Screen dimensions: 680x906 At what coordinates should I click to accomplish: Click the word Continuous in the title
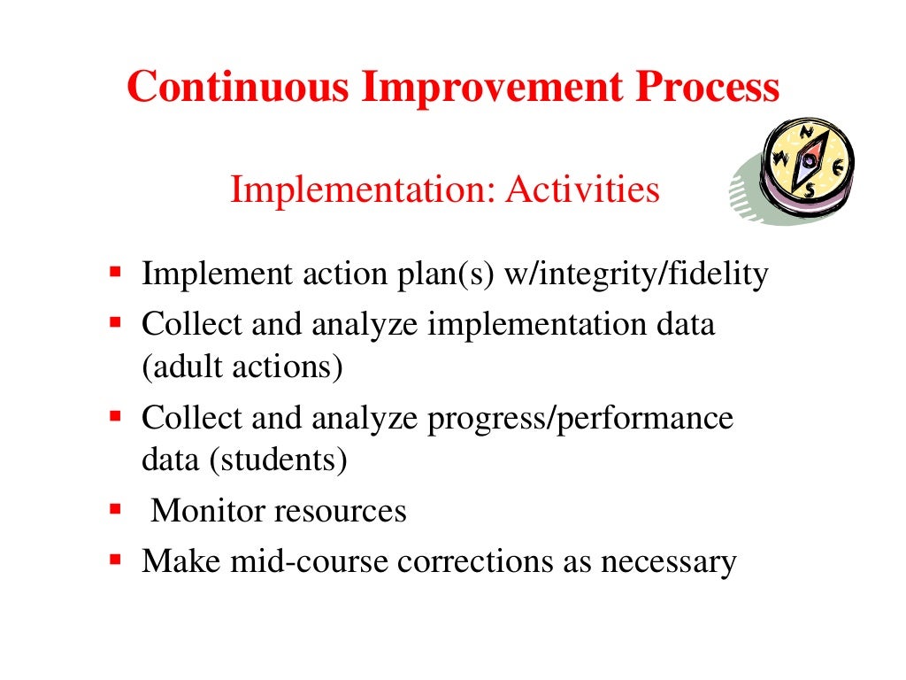pyautogui.click(x=236, y=88)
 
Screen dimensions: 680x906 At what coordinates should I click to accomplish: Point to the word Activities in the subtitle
pyautogui.click(x=582, y=189)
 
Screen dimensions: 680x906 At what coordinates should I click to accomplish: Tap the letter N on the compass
pyautogui.click(x=806, y=133)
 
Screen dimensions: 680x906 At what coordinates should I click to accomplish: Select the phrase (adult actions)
pyautogui.click(x=242, y=365)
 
